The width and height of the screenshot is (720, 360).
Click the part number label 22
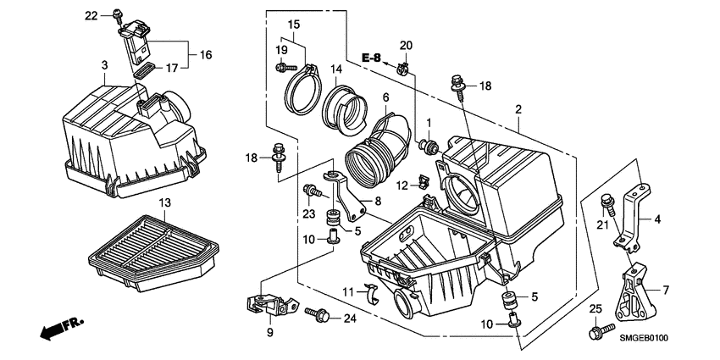tap(91, 15)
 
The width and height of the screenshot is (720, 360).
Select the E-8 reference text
tap(371, 58)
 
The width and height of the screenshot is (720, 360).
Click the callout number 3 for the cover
tap(103, 65)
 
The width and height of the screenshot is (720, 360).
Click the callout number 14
tap(336, 69)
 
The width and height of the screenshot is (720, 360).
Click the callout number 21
tap(603, 224)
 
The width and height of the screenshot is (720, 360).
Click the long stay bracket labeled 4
tap(633, 212)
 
